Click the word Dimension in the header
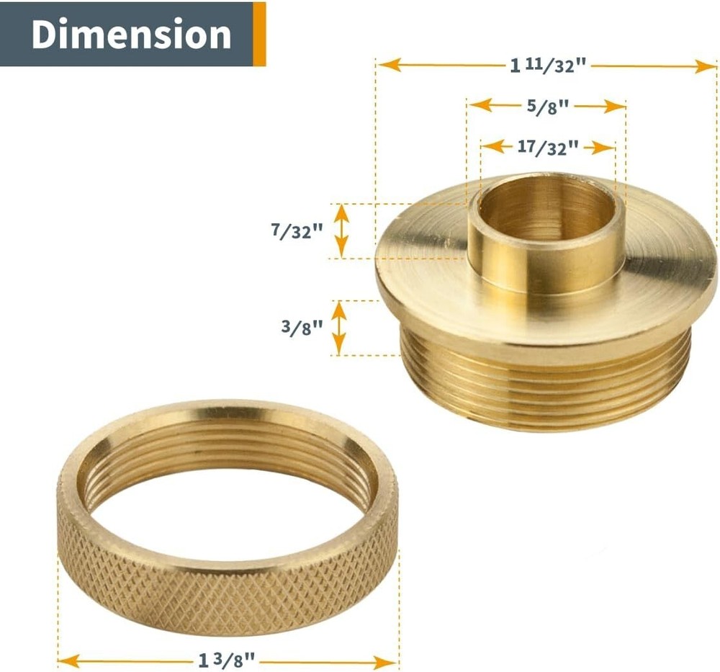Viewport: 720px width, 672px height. [131, 35]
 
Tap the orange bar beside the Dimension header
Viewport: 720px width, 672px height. [259, 34]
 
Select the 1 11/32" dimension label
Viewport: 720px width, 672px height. [549, 66]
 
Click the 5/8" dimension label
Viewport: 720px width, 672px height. [548, 107]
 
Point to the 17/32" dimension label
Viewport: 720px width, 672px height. [548, 148]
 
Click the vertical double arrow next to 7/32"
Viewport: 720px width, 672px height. [341, 230]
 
